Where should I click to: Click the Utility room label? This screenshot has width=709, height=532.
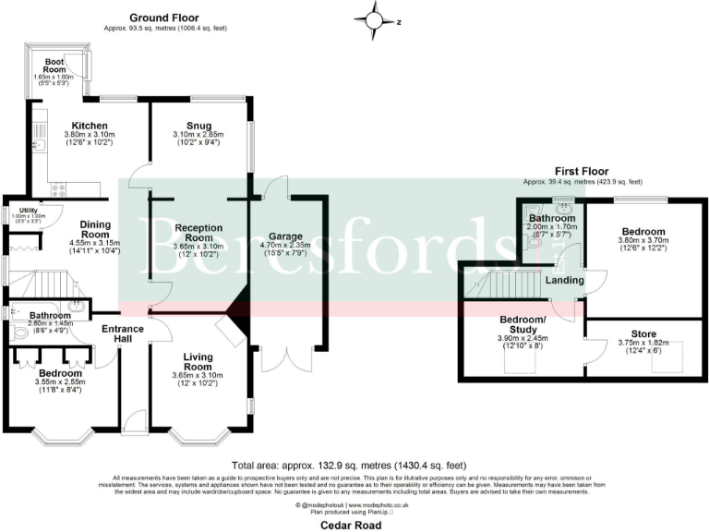(27, 210)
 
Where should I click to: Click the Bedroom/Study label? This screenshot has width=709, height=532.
(523, 325)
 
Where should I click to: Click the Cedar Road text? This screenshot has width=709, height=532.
(354, 523)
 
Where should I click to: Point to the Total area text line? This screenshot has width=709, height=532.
(354, 465)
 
